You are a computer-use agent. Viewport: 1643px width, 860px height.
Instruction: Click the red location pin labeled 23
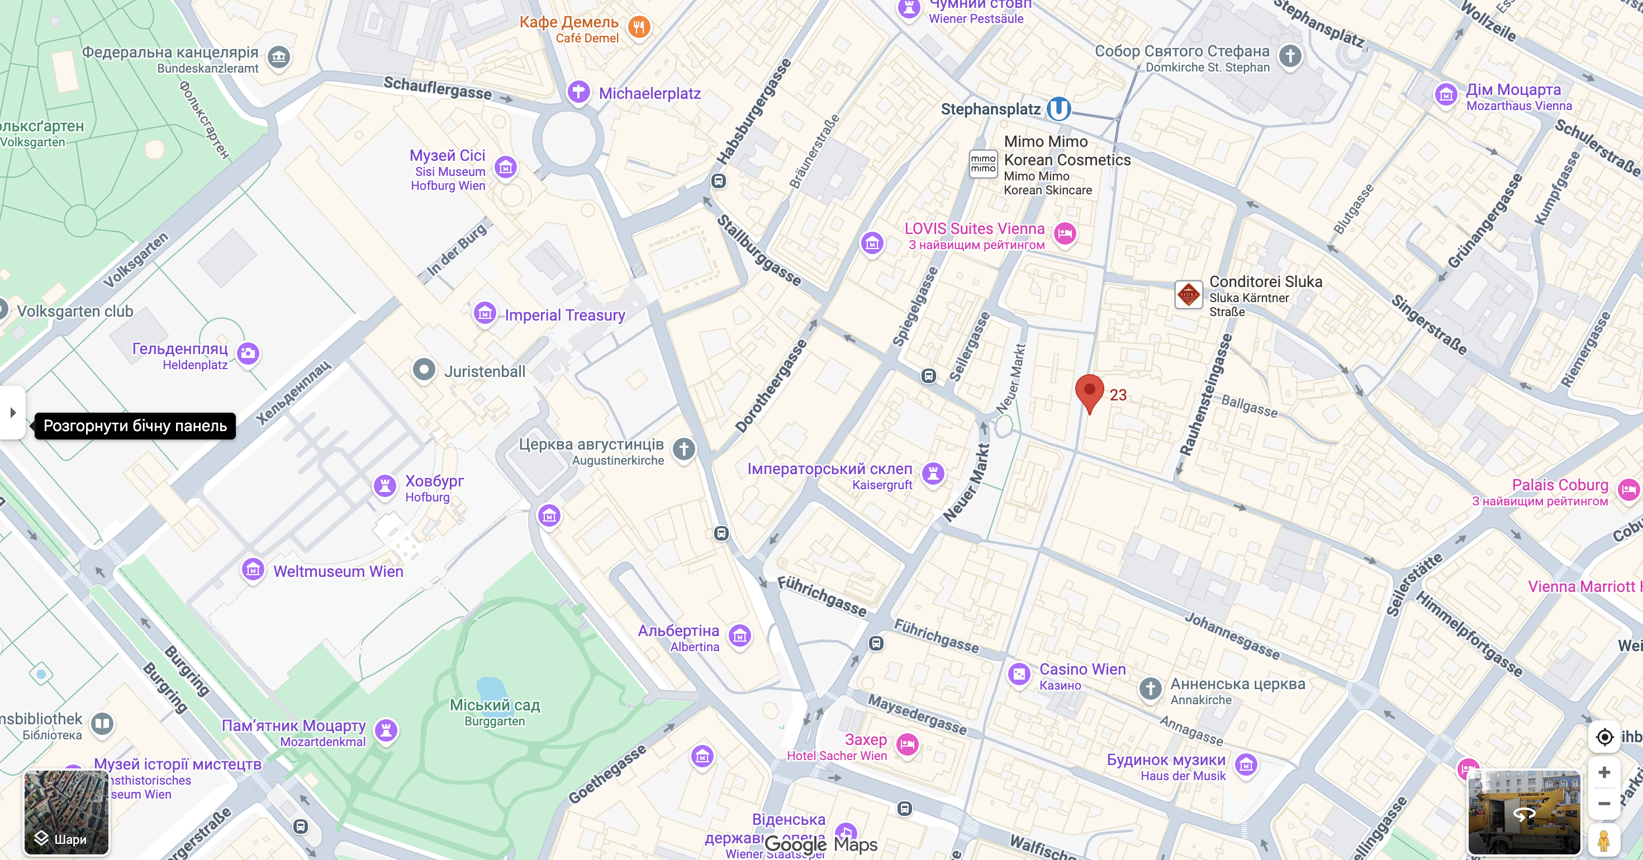(x=1089, y=391)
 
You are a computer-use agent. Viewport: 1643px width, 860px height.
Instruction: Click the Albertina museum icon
(x=740, y=636)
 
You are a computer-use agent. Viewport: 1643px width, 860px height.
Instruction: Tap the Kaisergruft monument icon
(x=933, y=474)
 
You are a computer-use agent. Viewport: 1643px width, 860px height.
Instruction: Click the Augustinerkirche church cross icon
(x=683, y=449)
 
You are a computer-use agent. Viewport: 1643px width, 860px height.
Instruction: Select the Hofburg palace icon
(x=384, y=486)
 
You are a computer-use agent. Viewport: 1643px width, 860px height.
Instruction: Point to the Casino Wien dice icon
(x=1019, y=674)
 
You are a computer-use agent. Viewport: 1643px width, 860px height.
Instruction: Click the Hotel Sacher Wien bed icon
(x=908, y=744)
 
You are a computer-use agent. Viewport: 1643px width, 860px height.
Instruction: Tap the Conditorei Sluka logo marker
(x=1189, y=294)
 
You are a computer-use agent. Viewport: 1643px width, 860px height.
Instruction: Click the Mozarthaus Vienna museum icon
(x=1446, y=95)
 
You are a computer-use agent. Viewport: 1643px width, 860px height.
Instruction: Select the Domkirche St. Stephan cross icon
(x=1290, y=56)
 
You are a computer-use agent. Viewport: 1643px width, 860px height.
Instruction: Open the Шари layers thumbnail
(x=67, y=812)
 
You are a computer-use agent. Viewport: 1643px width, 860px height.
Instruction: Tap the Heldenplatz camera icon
(x=248, y=352)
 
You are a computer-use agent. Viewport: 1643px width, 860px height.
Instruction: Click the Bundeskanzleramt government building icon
(x=279, y=58)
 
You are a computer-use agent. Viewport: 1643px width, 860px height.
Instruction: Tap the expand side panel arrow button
(x=13, y=413)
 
